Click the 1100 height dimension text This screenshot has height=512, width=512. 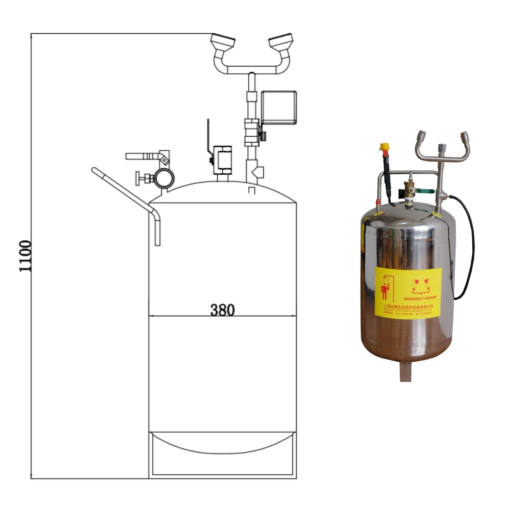pyautogui.click(x=26, y=256)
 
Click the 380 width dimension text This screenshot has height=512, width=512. pyautogui.click(x=222, y=310)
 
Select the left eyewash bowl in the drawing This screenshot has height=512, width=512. pyautogui.click(x=223, y=43)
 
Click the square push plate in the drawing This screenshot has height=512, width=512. pyautogui.click(x=279, y=107)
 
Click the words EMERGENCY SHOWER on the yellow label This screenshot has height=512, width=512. pyautogui.click(x=419, y=297)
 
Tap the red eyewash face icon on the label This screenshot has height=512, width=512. pyautogui.click(x=420, y=284)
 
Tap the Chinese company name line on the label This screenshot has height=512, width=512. pyautogui.click(x=408, y=306)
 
